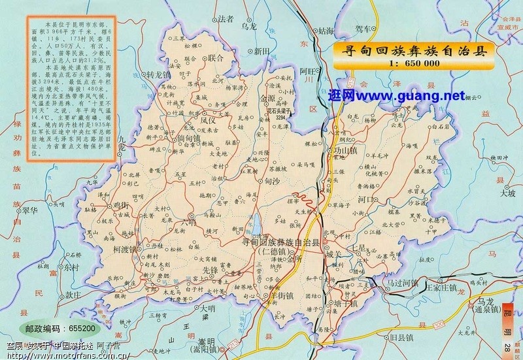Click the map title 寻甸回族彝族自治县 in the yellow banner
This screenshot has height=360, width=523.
(x=411, y=52)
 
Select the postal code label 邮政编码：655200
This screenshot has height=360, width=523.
(x=59, y=328)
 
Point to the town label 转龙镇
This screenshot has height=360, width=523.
(x=158, y=74)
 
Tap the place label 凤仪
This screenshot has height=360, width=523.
(x=208, y=120)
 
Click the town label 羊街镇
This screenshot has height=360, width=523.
(x=282, y=295)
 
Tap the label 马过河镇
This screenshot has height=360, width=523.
(x=402, y=282)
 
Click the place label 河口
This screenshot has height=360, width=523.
(x=367, y=199)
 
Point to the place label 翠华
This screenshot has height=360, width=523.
(x=30, y=212)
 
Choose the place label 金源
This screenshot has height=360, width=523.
(x=267, y=99)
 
